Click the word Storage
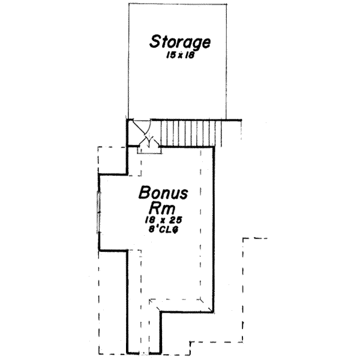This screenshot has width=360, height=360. click(180, 43)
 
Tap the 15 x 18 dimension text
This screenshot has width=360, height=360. click(180, 55)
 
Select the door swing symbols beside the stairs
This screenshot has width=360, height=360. click(145, 136)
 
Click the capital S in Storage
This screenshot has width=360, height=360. click(155, 43)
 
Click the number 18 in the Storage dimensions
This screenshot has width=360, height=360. click(189, 55)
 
